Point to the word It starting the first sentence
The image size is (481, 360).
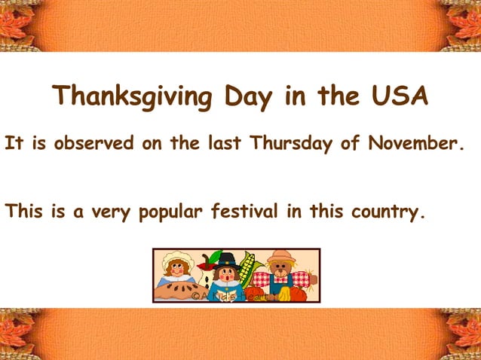click(13, 143)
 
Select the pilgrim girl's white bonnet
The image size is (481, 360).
click(178, 258)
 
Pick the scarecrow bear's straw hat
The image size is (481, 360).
click(280, 255)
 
